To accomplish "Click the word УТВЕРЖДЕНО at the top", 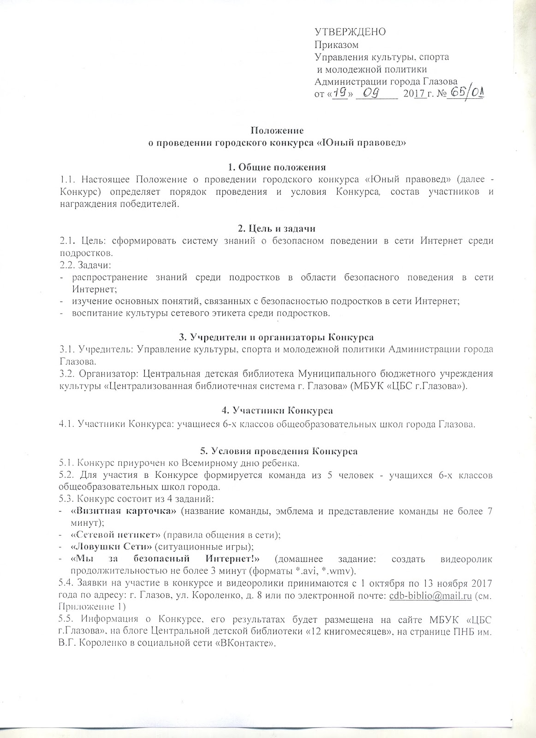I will [x=350, y=32].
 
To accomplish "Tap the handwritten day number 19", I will [x=340, y=93].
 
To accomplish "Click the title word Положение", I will [x=275, y=131].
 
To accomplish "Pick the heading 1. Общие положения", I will [x=275, y=167].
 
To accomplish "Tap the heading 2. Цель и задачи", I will [x=275, y=228].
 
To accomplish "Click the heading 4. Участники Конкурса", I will [x=275, y=410].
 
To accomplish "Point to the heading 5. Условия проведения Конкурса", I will [x=275, y=451].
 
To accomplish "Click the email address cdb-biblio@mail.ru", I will [x=430, y=595].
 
